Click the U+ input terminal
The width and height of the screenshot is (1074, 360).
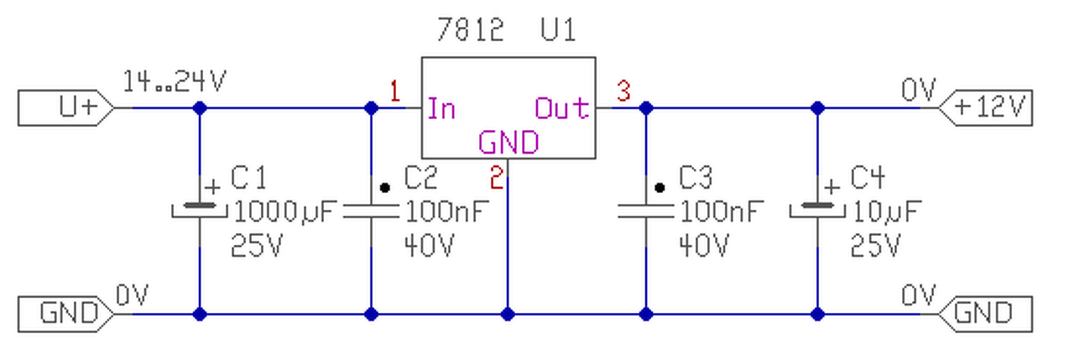tap(66, 108)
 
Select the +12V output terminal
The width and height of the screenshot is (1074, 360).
tap(985, 108)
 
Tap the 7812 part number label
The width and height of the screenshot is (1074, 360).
tap(471, 29)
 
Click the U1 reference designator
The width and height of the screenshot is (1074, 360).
tap(558, 29)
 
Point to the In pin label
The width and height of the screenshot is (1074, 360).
tap(441, 108)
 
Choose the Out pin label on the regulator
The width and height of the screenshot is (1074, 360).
tap(562, 108)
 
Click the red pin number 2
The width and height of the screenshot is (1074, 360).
tap(497, 177)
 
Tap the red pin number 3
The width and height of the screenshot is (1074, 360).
tap(623, 91)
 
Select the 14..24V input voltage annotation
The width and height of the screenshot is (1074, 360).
tap(175, 81)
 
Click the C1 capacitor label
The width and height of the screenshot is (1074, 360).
tap(248, 177)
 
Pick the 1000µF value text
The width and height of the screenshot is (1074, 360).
tap(286, 211)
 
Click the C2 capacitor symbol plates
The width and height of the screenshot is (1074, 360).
tap(371, 211)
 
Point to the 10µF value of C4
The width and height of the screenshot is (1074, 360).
tap(887, 211)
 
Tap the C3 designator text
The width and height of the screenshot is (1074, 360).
tap(696, 177)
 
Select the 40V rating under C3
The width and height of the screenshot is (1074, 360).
tap(704, 246)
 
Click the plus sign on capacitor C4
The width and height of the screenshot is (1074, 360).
tap(832, 187)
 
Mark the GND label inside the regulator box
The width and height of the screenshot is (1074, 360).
tap(508, 143)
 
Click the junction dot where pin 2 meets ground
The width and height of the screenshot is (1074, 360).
tap(508, 315)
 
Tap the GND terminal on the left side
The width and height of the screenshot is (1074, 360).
tap(66, 315)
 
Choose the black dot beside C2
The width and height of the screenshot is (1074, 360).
tap(384, 188)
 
